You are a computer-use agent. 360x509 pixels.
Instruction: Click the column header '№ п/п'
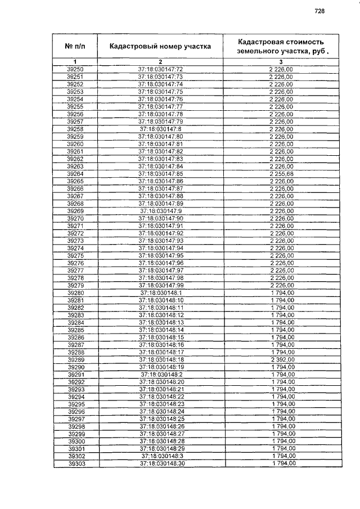[75, 46]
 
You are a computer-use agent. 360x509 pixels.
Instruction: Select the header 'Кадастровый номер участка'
[160, 46]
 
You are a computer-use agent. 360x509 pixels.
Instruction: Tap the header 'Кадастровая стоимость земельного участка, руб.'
[281, 46]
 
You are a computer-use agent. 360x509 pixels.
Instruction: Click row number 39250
[75, 69]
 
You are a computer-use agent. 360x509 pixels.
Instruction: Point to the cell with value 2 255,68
[281, 174]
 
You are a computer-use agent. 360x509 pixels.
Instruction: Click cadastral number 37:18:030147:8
[160, 129]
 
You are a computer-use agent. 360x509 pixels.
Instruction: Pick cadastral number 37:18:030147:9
[160, 211]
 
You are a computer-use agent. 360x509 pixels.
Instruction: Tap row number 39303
[75, 463]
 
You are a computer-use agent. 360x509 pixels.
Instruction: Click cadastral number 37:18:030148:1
[160, 292]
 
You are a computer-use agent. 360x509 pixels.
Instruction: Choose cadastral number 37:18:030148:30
[161, 463]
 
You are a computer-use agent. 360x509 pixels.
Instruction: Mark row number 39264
[75, 174]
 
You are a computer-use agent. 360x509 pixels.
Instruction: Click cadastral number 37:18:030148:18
[161, 359]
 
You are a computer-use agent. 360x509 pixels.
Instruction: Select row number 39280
[75, 292]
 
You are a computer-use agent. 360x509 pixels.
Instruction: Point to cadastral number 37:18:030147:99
[160, 285]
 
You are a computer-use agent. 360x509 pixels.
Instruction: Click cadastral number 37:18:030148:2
[161, 374]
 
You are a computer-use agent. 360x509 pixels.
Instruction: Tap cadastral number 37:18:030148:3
[161, 456]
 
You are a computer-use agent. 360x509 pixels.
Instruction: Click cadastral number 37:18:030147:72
[160, 69]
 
